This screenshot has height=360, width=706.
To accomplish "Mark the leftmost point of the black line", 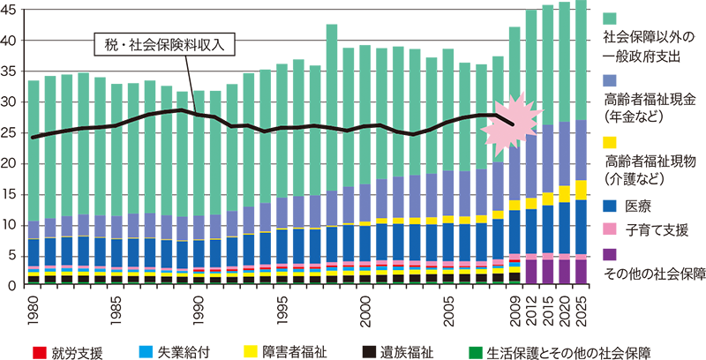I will point(33,137).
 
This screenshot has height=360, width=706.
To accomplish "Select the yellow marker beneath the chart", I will point(244,339).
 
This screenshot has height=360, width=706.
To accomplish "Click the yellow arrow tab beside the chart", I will point(613,139).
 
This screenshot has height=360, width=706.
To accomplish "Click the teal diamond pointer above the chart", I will point(333,28).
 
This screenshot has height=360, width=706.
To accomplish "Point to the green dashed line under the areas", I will point(265,283).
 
